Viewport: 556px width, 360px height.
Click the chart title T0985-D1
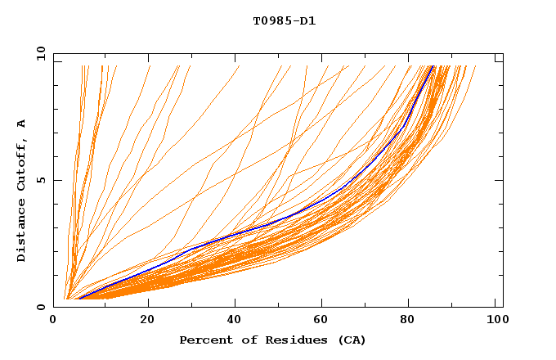click(x=285, y=20)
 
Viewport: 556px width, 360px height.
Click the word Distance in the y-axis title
click(x=22, y=232)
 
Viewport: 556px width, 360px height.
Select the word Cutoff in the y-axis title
click(x=22, y=164)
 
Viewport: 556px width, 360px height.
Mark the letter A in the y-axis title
click(x=22, y=124)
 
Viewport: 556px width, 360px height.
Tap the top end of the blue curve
click(x=433, y=66)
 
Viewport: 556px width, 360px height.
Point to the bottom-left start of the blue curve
click(x=78, y=298)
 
